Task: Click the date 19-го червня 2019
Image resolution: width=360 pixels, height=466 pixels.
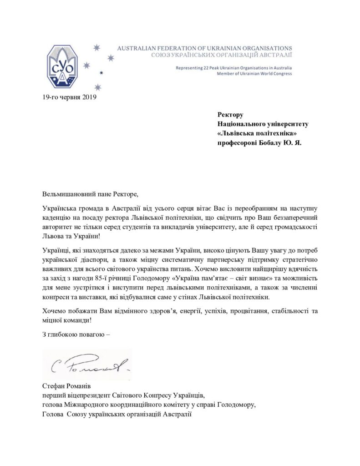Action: pos(68,96)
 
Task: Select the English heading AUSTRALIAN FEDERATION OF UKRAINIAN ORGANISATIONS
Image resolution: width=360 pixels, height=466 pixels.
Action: pos(205,48)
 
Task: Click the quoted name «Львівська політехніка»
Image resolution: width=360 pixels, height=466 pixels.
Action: pos(254,133)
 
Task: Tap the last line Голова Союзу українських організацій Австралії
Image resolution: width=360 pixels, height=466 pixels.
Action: pos(116,415)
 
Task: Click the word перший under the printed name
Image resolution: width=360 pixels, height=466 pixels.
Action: pos(53,396)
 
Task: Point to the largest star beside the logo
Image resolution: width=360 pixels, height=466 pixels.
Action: pos(96,46)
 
